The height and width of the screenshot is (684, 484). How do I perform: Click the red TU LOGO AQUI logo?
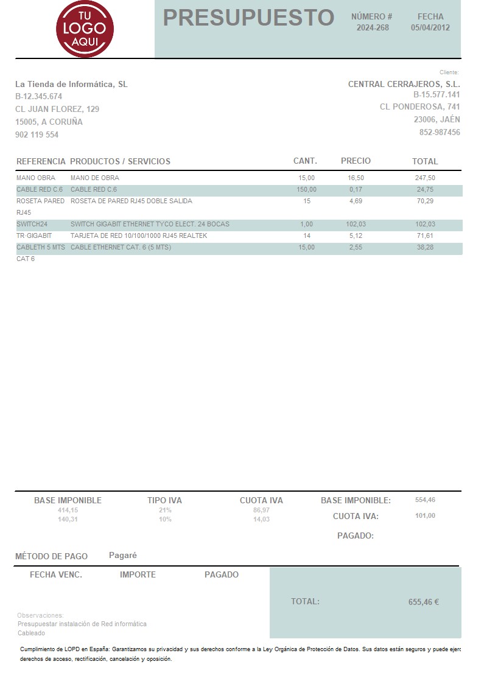[x=85, y=29]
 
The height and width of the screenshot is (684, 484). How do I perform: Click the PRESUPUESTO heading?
[x=248, y=18]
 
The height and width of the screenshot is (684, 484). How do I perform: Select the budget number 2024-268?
[x=373, y=27]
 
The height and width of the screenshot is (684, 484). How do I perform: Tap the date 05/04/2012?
[x=430, y=27]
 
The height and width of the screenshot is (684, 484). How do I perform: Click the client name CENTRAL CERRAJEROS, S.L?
[x=404, y=85]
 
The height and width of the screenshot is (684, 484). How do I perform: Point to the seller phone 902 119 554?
[x=37, y=135]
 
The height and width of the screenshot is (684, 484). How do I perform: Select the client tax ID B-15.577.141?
[x=437, y=95]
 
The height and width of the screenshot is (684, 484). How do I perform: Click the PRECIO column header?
[x=356, y=161]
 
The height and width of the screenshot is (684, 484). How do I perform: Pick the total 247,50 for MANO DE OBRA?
[x=425, y=178]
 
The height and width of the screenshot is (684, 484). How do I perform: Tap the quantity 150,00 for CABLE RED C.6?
[x=306, y=190]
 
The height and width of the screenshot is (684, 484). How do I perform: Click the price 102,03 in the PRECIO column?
[x=356, y=224]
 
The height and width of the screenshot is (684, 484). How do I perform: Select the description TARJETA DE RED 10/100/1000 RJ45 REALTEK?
[x=139, y=236]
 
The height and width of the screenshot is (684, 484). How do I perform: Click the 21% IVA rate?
[x=165, y=510]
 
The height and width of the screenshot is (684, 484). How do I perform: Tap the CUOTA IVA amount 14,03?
[x=261, y=519]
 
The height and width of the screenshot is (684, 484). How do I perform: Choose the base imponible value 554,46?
[x=425, y=500]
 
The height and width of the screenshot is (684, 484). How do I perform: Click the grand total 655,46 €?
[x=423, y=602]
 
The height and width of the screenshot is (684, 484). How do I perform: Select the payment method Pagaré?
[x=123, y=555]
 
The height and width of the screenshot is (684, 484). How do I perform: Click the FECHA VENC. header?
[x=56, y=574]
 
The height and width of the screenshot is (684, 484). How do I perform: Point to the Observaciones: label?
[x=40, y=615]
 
